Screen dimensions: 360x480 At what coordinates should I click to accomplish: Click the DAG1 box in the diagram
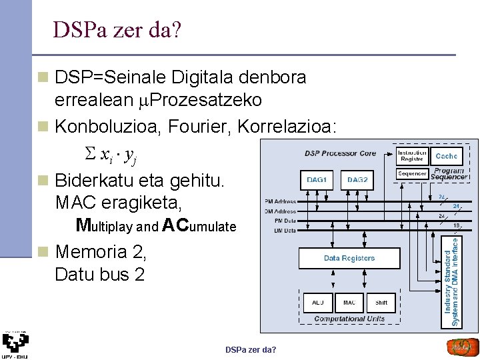317,179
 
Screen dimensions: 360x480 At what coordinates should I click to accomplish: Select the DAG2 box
357,179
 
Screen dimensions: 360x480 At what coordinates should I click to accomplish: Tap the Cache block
446,156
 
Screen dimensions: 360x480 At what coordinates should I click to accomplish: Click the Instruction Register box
412,156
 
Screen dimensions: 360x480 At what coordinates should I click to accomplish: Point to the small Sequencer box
412,174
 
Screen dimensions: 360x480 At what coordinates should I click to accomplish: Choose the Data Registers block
349,258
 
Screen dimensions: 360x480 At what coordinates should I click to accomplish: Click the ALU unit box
318,303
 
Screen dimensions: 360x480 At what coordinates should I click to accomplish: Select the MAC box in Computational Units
349,303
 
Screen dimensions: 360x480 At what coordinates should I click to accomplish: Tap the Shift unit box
381,303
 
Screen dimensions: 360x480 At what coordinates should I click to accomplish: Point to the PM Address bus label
280,201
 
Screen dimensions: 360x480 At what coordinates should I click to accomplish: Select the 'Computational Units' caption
349,319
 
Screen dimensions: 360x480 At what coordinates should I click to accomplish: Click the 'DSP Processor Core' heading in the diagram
341,153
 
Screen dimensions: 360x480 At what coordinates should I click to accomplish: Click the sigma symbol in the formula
91,155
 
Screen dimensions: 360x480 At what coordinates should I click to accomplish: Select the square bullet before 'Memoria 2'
44,253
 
